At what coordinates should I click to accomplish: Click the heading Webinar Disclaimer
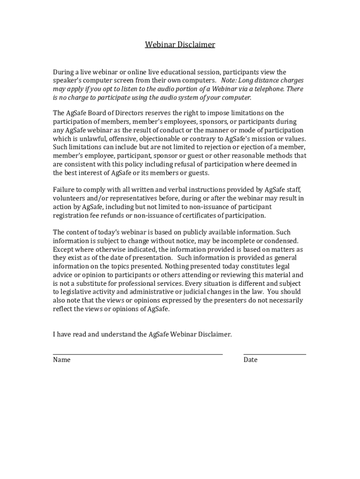coord(180,45)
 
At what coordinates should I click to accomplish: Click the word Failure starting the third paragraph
coord(64,190)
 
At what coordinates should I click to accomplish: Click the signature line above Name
coord(137,354)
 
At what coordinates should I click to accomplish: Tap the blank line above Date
coord(274,354)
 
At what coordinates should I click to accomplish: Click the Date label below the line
coord(250,360)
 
